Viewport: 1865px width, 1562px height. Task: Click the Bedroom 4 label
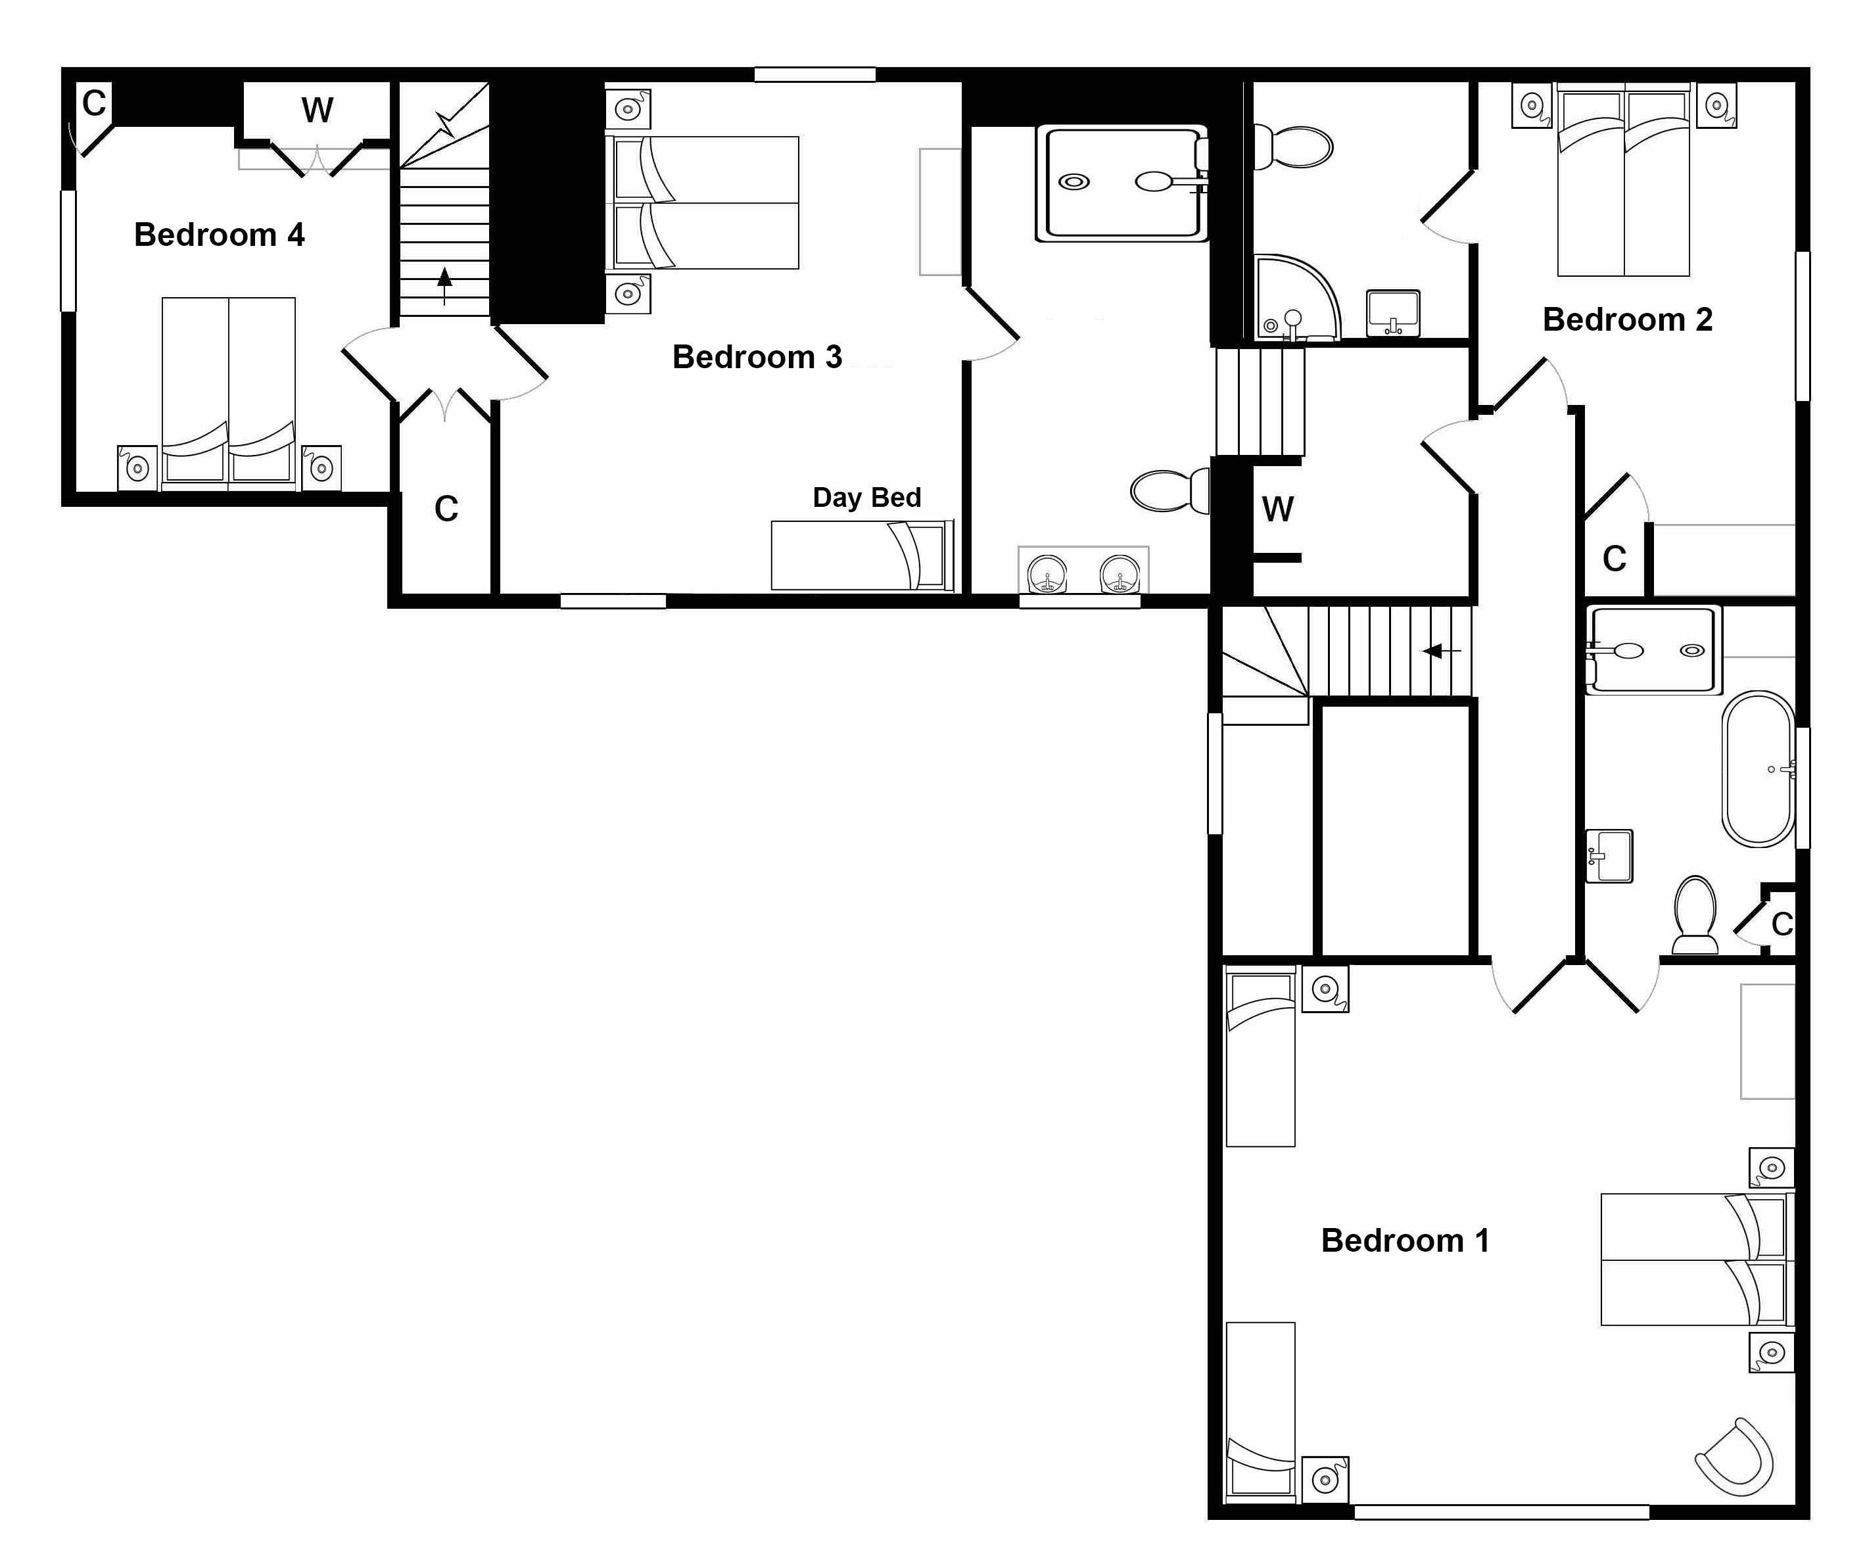tap(220, 235)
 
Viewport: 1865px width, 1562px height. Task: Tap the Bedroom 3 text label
tap(757, 357)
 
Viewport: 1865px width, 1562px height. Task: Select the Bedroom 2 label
tap(1627, 319)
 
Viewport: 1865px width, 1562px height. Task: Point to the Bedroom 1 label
tap(1405, 1241)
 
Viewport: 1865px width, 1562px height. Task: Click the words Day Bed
tap(867, 497)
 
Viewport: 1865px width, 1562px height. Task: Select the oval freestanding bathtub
tap(1759, 769)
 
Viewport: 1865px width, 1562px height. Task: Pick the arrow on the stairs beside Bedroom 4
tap(444, 283)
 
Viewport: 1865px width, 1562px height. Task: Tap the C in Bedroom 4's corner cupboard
tap(93, 104)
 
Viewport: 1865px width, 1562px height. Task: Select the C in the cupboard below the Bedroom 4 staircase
tap(446, 509)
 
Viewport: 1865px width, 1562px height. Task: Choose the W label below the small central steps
tap(1277, 509)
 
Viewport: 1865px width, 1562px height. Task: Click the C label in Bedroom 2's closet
tap(1614, 559)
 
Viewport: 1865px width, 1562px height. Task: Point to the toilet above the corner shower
tap(1294, 147)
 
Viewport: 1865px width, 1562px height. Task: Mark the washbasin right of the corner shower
tap(1392, 312)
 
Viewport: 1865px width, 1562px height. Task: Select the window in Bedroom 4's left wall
tap(68, 250)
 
